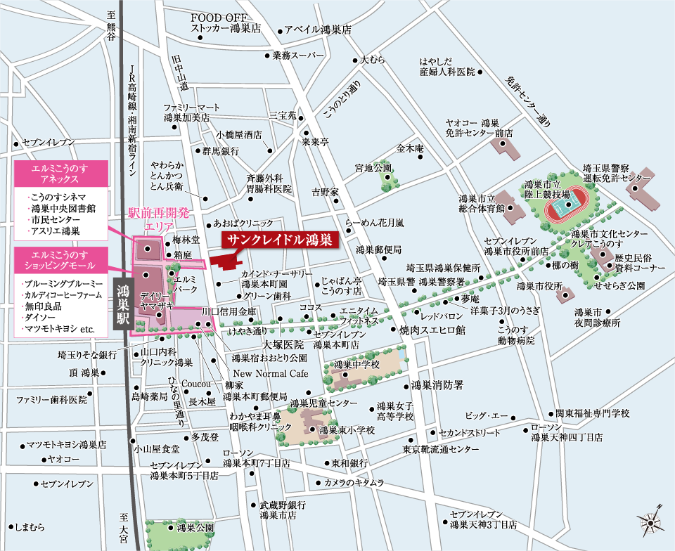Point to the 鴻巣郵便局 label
378,249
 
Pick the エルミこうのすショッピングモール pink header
60,258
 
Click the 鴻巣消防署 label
437,386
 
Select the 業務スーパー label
294,55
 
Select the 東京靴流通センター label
441,449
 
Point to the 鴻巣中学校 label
356,365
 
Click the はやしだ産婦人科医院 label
447,66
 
